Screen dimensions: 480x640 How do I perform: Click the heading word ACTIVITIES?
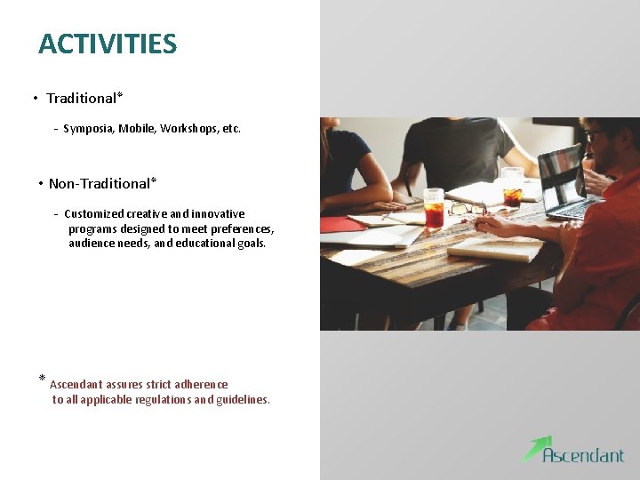[108, 44]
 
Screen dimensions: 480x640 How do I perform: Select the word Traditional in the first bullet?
[82, 99]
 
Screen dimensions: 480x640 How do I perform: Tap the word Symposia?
[88, 129]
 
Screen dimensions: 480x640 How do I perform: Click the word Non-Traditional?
[99, 184]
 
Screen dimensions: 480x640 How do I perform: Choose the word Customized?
[93, 214]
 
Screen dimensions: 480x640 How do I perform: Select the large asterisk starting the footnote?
[42, 380]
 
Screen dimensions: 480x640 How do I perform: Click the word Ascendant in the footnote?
[76, 385]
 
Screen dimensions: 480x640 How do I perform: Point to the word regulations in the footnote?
[159, 400]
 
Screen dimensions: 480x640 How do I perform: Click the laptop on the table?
[565, 182]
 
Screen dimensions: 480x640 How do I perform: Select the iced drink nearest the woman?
[434, 208]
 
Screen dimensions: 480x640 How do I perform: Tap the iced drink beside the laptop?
[512, 187]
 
